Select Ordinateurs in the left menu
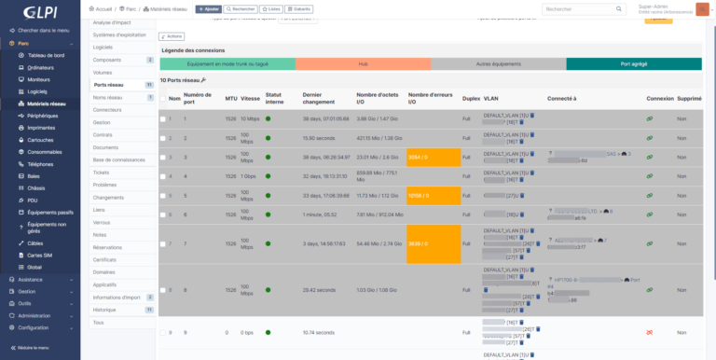[41, 67]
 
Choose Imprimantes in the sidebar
[42, 127]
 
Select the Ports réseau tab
[109, 85]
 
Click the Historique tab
[104, 310]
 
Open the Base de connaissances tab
[118, 159]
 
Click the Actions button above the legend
[174, 36]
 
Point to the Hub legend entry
[363, 64]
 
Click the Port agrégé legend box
[632, 64]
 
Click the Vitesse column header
[250, 97]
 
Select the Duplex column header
[471, 97]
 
